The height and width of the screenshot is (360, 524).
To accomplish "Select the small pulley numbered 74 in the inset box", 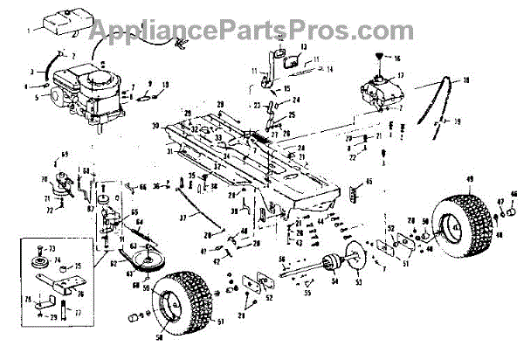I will [39, 265].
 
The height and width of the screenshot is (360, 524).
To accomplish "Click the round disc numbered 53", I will [359, 266].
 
